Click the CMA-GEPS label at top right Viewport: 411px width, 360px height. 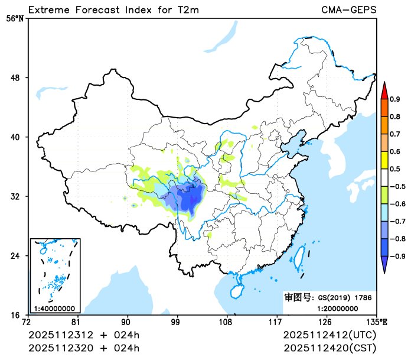coord(348,9)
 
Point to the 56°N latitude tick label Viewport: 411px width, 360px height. coord(15,18)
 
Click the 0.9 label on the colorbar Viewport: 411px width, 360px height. coord(394,99)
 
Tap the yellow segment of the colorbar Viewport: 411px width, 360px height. coord(384,160)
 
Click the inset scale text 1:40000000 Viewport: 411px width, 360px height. coord(54,308)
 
